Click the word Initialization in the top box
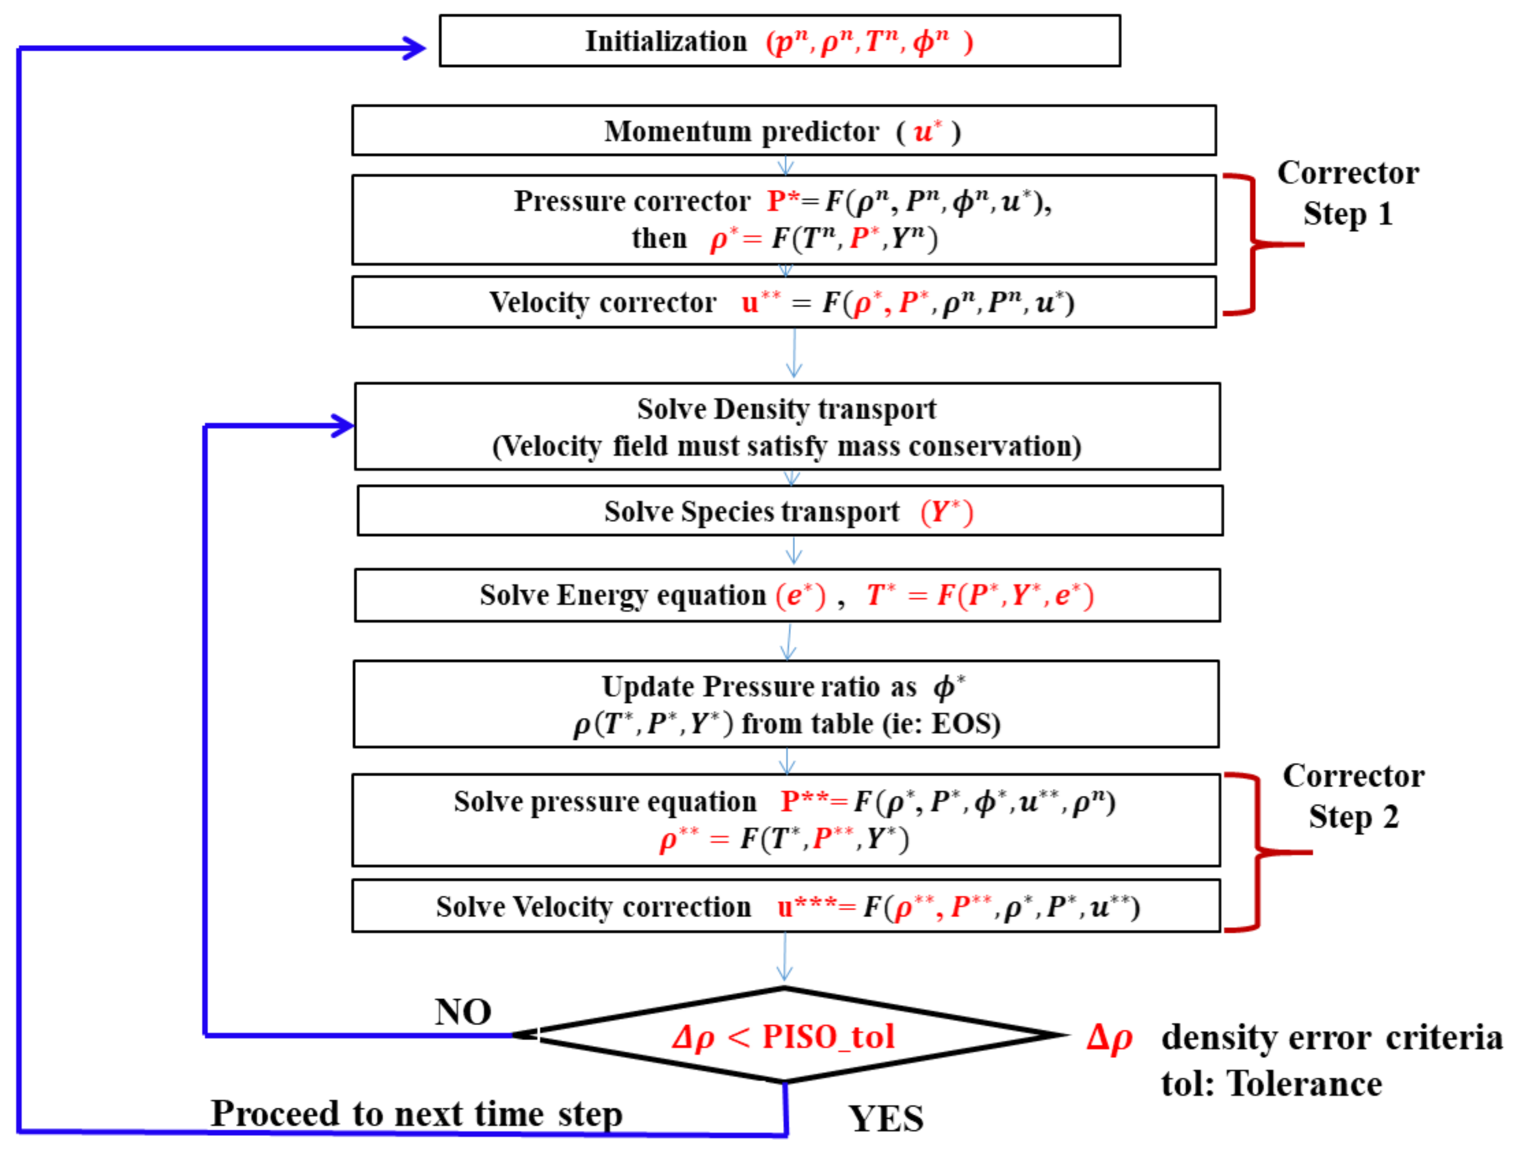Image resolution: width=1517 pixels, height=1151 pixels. tap(665, 42)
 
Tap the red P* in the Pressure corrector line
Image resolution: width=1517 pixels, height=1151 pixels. tap(782, 201)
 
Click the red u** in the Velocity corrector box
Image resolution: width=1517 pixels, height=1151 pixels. tap(760, 302)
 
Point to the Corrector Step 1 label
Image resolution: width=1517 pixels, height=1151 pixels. tap(1347, 193)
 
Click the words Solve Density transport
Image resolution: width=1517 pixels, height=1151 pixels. tap(786, 409)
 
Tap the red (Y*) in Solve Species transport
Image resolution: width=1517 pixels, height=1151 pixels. tap(946, 512)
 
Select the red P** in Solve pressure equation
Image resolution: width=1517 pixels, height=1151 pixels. tap(804, 801)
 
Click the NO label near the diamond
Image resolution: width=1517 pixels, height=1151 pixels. tap(463, 1012)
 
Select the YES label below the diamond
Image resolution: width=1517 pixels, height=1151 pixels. tap(885, 1120)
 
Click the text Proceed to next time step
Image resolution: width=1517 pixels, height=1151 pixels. tap(416, 1114)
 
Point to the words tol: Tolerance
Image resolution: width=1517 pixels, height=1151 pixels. tap(1271, 1085)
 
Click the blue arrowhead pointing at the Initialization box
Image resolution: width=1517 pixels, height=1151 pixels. tap(414, 48)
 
